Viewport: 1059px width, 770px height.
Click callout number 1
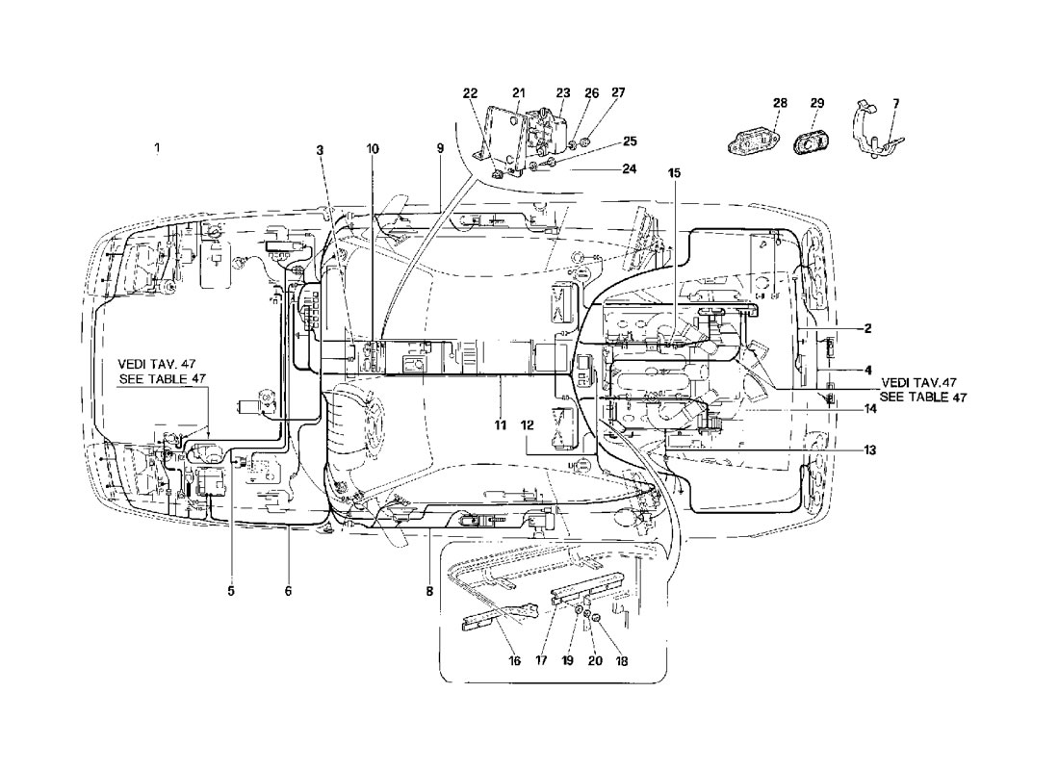[157, 147]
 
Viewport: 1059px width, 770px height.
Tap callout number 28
[780, 103]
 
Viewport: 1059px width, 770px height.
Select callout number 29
[816, 103]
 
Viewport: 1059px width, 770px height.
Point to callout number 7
[895, 103]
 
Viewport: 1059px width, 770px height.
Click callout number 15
[674, 173]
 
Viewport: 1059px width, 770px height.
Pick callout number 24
[629, 168]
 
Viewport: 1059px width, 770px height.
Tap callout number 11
[500, 425]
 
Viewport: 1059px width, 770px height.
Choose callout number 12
[527, 425]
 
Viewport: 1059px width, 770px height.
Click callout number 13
[869, 449]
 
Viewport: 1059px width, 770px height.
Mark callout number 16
[515, 660]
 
